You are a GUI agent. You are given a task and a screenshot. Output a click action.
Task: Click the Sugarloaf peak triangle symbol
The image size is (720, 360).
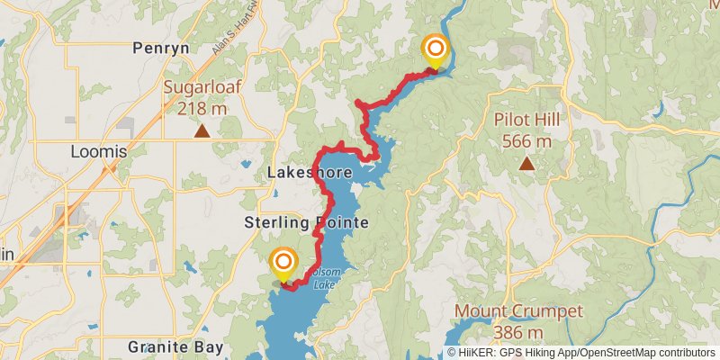pyautogui.click(x=202, y=131)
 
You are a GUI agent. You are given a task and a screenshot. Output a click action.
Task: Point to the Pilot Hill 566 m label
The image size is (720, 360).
pyautogui.click(x=523, y=130)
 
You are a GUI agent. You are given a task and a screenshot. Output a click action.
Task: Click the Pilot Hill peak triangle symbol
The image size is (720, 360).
pyautogui.click(x=526, y=163)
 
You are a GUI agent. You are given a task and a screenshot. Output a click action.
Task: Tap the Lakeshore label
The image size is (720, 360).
pyautogui.click(x=301, y=173)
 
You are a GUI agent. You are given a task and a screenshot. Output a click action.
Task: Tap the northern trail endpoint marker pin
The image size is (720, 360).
pyautogui.click(x=435, y=51)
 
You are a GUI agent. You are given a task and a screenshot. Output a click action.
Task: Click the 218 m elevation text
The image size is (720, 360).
pyautogui.click(x=202, y=109)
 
